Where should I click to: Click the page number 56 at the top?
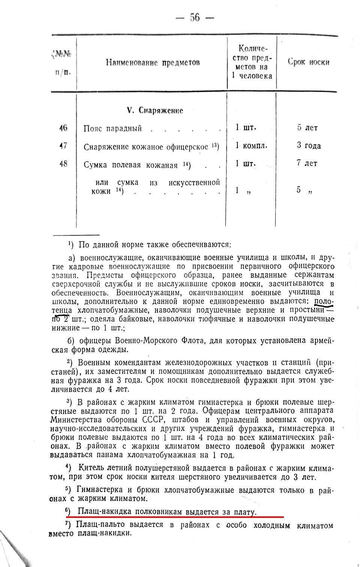click(195, 17)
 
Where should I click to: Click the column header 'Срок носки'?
click(308, 62)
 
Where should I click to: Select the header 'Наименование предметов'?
click(153, 62)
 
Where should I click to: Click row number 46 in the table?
click(63, 128)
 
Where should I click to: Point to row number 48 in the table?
click(63, 164)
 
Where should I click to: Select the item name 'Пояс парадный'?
click(112, 129)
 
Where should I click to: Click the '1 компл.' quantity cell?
click(251, 145)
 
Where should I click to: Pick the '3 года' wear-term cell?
click(309, 145)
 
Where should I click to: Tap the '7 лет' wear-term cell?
click(307, 163)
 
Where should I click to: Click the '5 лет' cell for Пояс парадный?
click(307, 128)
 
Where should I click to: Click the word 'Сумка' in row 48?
click(96, 165)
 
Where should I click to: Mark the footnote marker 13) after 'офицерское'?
click(215, 145)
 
